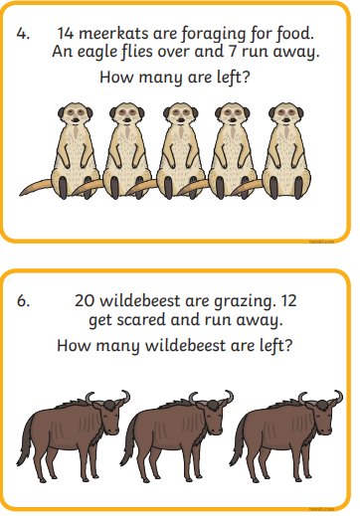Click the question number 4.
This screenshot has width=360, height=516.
23,34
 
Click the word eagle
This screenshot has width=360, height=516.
96,53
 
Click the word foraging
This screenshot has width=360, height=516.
214,35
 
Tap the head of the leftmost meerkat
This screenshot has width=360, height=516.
76,113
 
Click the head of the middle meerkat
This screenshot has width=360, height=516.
181,113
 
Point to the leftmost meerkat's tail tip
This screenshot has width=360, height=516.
21,194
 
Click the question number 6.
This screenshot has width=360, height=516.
23,301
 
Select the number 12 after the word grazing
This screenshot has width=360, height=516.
288,300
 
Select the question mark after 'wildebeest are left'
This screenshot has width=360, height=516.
288,345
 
